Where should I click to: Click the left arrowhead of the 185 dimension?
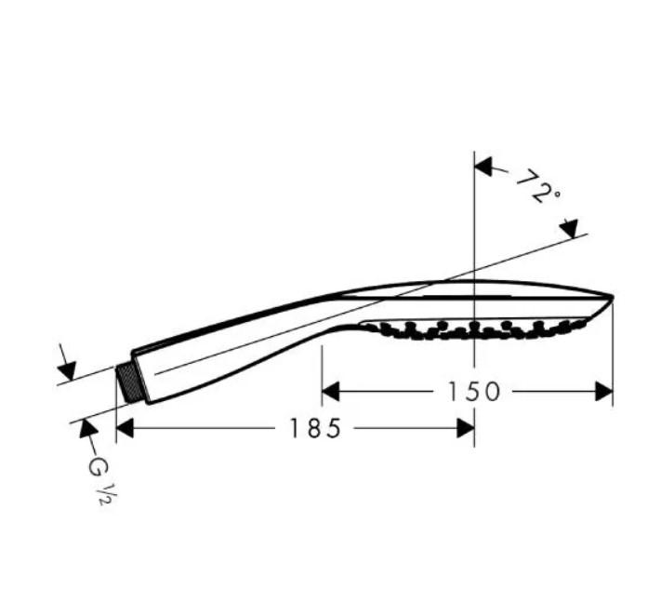[126, 428]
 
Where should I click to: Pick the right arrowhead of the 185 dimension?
[466, 428]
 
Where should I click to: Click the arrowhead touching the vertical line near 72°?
[483, 167]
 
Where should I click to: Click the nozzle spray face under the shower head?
[474, 328]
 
